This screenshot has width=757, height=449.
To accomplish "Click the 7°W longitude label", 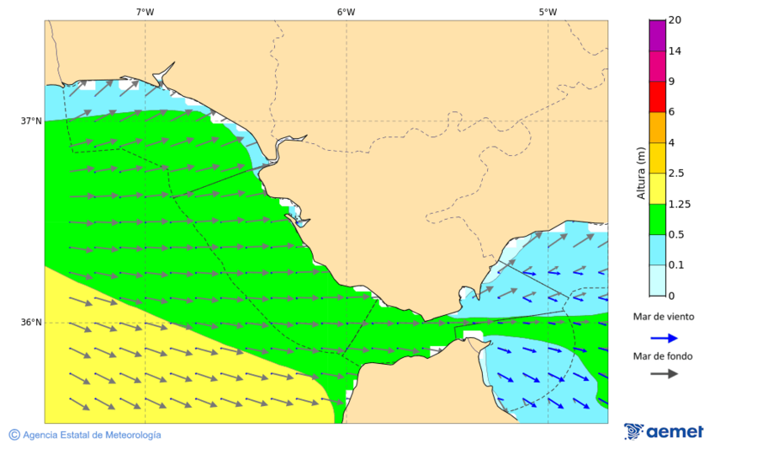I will (x=145, y=12).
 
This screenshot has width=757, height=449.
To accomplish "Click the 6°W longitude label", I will (x=346, y=12).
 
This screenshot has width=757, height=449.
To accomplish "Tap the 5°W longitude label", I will (x=548, y=12).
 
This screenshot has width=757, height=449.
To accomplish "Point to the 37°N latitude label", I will (x=31, y=121).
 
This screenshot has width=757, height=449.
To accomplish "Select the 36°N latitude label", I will (x=31, y=323).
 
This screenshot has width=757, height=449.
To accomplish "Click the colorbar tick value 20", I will (x=675, y=20).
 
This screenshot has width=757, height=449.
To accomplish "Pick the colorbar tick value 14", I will (x=675, y=51).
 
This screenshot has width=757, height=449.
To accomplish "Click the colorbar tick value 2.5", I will (x=676, y=174).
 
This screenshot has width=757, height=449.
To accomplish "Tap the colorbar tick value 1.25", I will (x=679, y=204).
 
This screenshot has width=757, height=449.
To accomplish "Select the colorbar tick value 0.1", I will (x=676, y=265).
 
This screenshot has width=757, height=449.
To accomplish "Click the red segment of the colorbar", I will (x=657, y=96).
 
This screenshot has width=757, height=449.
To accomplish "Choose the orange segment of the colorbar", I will (x=657, y=127).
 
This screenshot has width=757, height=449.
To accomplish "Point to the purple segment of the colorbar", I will (x=657, y=35).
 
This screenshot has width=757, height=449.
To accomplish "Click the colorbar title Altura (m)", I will (x=641, y=173).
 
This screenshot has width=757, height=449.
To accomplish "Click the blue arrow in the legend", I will (x=664, y=338).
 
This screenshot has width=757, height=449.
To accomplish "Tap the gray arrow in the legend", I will (x=664, y=373).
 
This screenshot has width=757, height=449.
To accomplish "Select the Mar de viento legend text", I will (x=664, y=318).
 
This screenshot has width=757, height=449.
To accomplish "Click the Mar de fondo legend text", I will (x=664, y=355).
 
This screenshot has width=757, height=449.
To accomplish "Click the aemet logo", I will (x=664, y=431).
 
